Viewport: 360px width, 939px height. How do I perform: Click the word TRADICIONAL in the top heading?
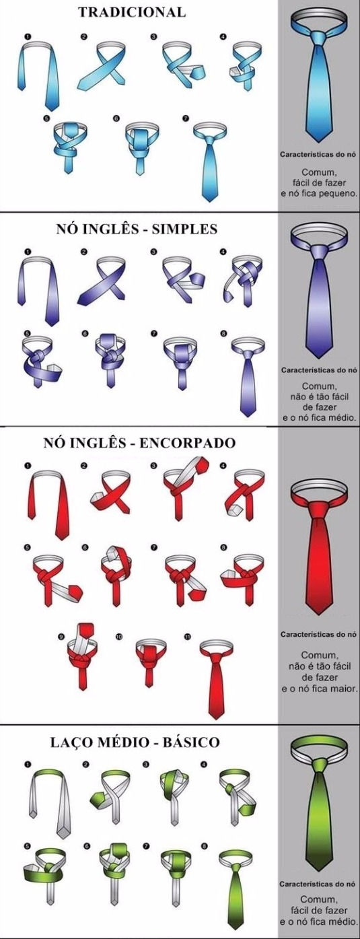[x=131, y=12]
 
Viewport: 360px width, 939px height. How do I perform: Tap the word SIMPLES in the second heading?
[x=186, y=229]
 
